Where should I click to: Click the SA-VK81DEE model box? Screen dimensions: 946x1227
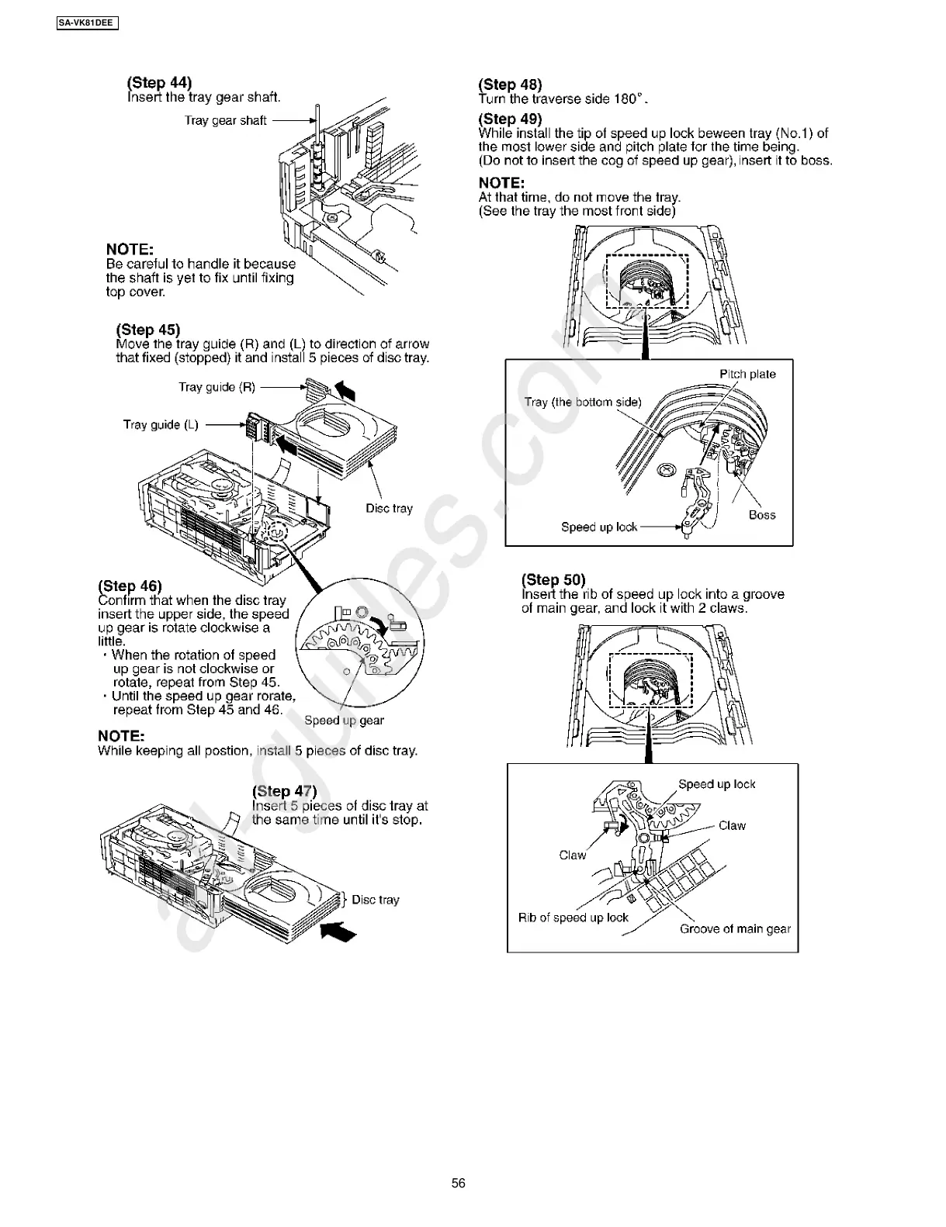tap(87, 23)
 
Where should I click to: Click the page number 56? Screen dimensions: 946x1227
tap(459, 1183)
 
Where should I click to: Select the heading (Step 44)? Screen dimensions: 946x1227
tap(159, 82)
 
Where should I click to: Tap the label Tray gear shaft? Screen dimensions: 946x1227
tap(226, 120)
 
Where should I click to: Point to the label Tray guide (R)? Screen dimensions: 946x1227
tap(217, 387)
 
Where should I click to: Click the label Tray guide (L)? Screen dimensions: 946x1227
tap(161, 424)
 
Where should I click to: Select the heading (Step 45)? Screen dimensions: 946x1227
tap(148, 330)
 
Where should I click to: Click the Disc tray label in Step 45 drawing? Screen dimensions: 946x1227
tap(389, 508)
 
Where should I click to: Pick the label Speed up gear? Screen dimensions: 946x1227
tap(344, 720)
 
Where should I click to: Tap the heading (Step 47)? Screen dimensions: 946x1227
tap(285, 791)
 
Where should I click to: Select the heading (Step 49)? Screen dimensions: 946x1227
tap(510, 119)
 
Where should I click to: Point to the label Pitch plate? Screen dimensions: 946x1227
tap(747, 374)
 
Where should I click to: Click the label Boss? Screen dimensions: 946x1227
tap(761, 514)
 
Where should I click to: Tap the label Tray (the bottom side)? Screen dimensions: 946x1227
tap(583, 402)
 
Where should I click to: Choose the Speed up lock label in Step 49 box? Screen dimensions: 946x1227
tap(599, 527)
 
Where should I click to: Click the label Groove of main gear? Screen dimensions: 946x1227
tap(735, 928)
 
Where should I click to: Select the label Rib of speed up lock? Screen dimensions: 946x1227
tap(573, 918)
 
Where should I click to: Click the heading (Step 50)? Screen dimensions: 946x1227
tap(553, 579)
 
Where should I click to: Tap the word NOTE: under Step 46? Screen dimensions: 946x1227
tap(121, 735)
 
